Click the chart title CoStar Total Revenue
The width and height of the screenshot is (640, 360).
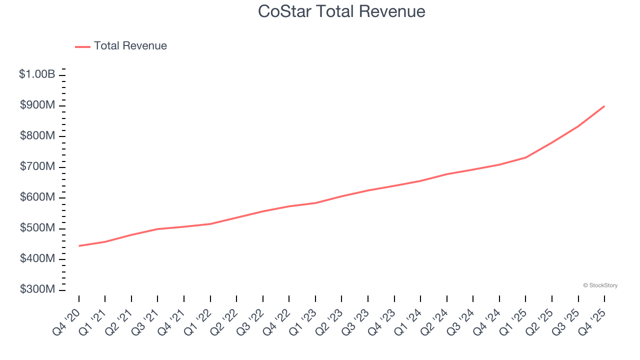click(x=341, y=11)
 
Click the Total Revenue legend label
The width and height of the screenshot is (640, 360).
click(x=130, y=46)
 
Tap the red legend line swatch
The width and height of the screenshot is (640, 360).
click(x=82, y=46)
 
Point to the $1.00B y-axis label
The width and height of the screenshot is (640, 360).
click(x=37, y=74)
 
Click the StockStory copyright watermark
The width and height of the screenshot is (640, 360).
click(x=600, y=285)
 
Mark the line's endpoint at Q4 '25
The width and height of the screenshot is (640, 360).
click(x=604, y=106)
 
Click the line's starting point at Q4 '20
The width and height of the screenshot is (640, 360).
click(x=79, y=246)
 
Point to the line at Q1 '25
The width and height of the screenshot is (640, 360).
click(x=525, y=157)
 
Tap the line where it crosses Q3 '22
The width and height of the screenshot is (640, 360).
click(x=263, y=211)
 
